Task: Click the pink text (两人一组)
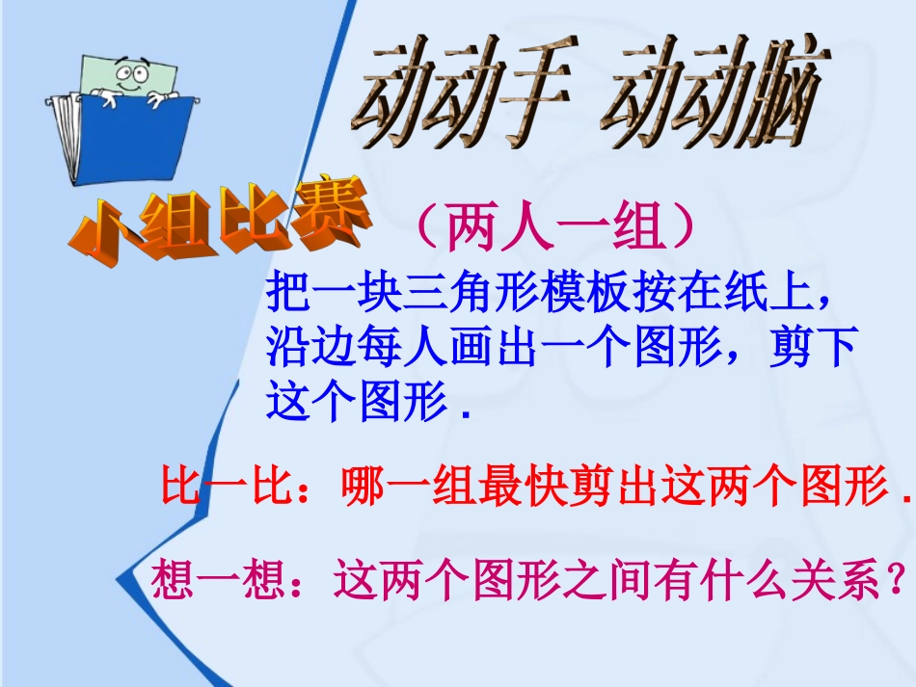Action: point(553,229)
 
